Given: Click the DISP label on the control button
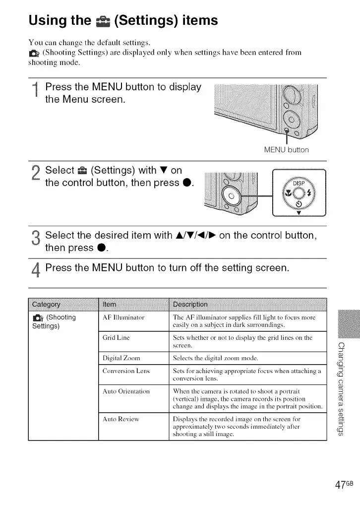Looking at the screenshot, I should [299, 182].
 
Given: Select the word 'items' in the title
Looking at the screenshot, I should [196, 21].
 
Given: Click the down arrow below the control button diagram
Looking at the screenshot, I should [299, 215].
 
